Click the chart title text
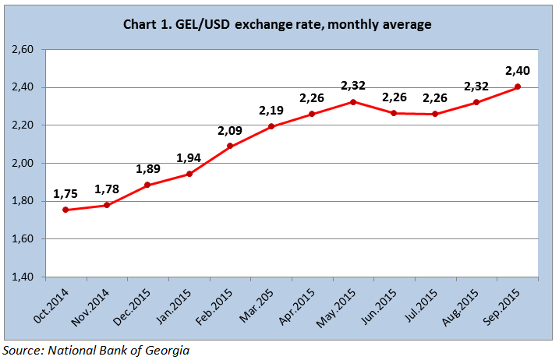click(x=278, y=25)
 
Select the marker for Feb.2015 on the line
click(x=230, y=146)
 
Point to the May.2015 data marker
click(x=353, y=102)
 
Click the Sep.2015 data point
click(x=518, y=86)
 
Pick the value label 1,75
click(x=65, y=194)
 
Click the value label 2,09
click(x=230, y=129)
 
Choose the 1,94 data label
click(x=189, y=158)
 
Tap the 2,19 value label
click(x=271, y=111)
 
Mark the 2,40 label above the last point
click(x=518, y=71)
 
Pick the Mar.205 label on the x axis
click(x=260, y=302)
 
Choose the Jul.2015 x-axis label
click(x=424, y=304)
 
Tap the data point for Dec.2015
click(x=147, y=185)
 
